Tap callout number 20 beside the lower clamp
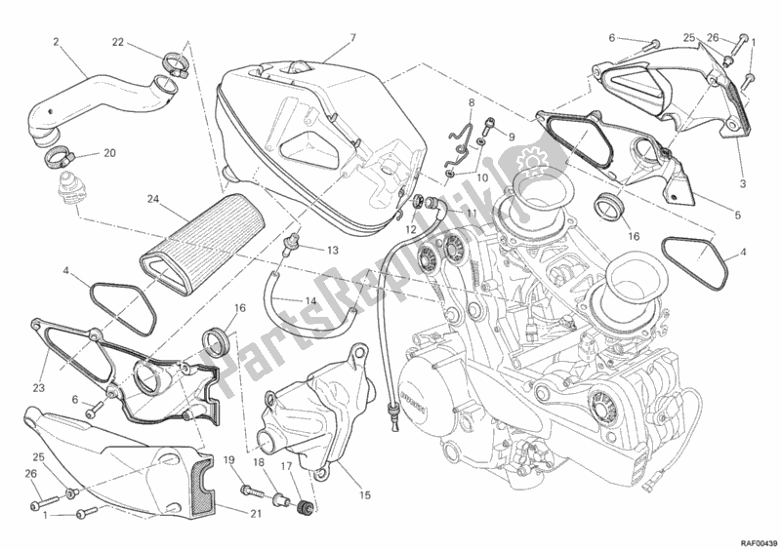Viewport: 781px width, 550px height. pos(109,153)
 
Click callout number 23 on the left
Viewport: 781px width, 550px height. pos(38,358)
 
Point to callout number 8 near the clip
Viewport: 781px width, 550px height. pos(471,101)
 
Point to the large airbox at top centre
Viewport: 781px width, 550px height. pos(312,127)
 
